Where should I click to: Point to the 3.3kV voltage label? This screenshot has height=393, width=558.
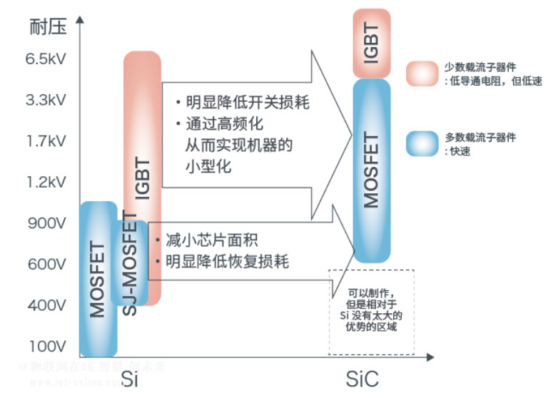[46, 100]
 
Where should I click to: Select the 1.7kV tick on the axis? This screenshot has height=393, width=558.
[46, 141]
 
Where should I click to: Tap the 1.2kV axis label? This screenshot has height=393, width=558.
[46, 182]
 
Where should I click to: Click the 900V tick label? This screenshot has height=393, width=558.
[47, 223]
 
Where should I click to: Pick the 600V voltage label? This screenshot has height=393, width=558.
[47, 265]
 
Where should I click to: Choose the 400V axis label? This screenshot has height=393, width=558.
[47, 305]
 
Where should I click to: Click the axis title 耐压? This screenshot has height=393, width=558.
[48, 28]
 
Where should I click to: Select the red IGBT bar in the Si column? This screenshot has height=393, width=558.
[143, 143]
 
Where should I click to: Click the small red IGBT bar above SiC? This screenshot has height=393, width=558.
[371, 43]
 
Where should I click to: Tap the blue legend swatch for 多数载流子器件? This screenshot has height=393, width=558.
[422, 143]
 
